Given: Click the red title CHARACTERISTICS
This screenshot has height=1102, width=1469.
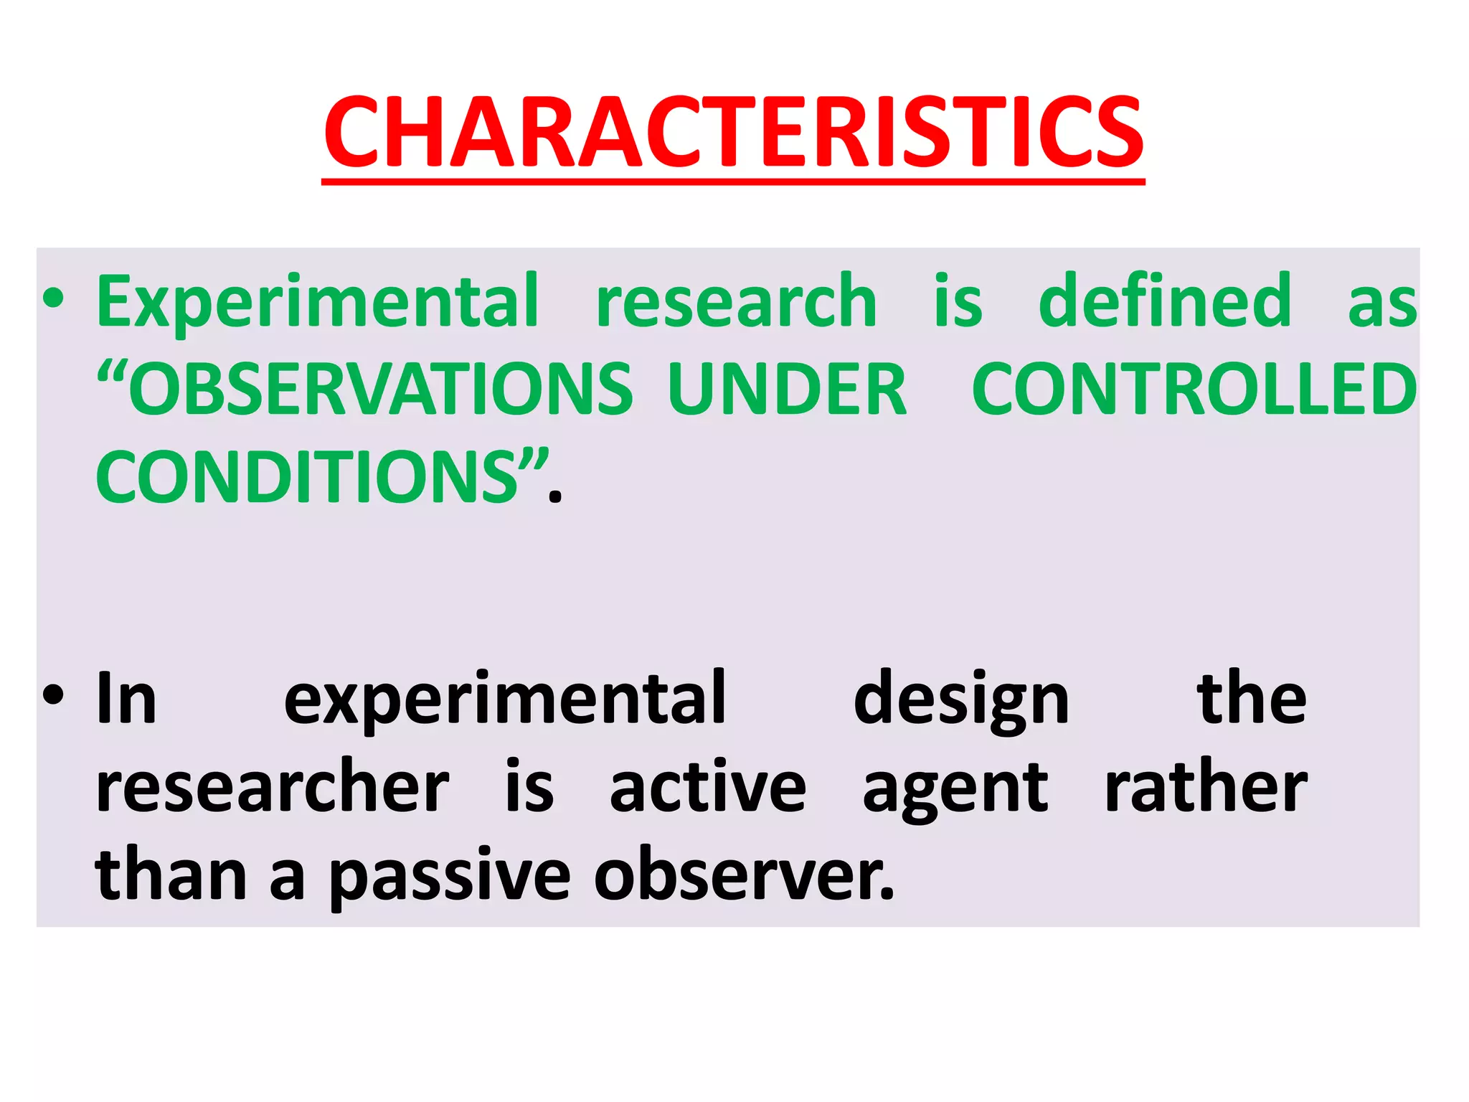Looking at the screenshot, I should coord(733,133).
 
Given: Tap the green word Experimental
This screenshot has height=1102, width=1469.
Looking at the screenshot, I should coord(318,301).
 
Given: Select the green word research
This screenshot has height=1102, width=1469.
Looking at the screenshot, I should coord(736,301).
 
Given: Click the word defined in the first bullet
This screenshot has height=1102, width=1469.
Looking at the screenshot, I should coord(1165,301).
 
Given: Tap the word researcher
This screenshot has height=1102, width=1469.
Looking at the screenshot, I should coord(273,788).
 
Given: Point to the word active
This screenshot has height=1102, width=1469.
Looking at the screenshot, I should coord(708,788).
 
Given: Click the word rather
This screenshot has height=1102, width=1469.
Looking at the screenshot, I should coord(1205,788).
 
